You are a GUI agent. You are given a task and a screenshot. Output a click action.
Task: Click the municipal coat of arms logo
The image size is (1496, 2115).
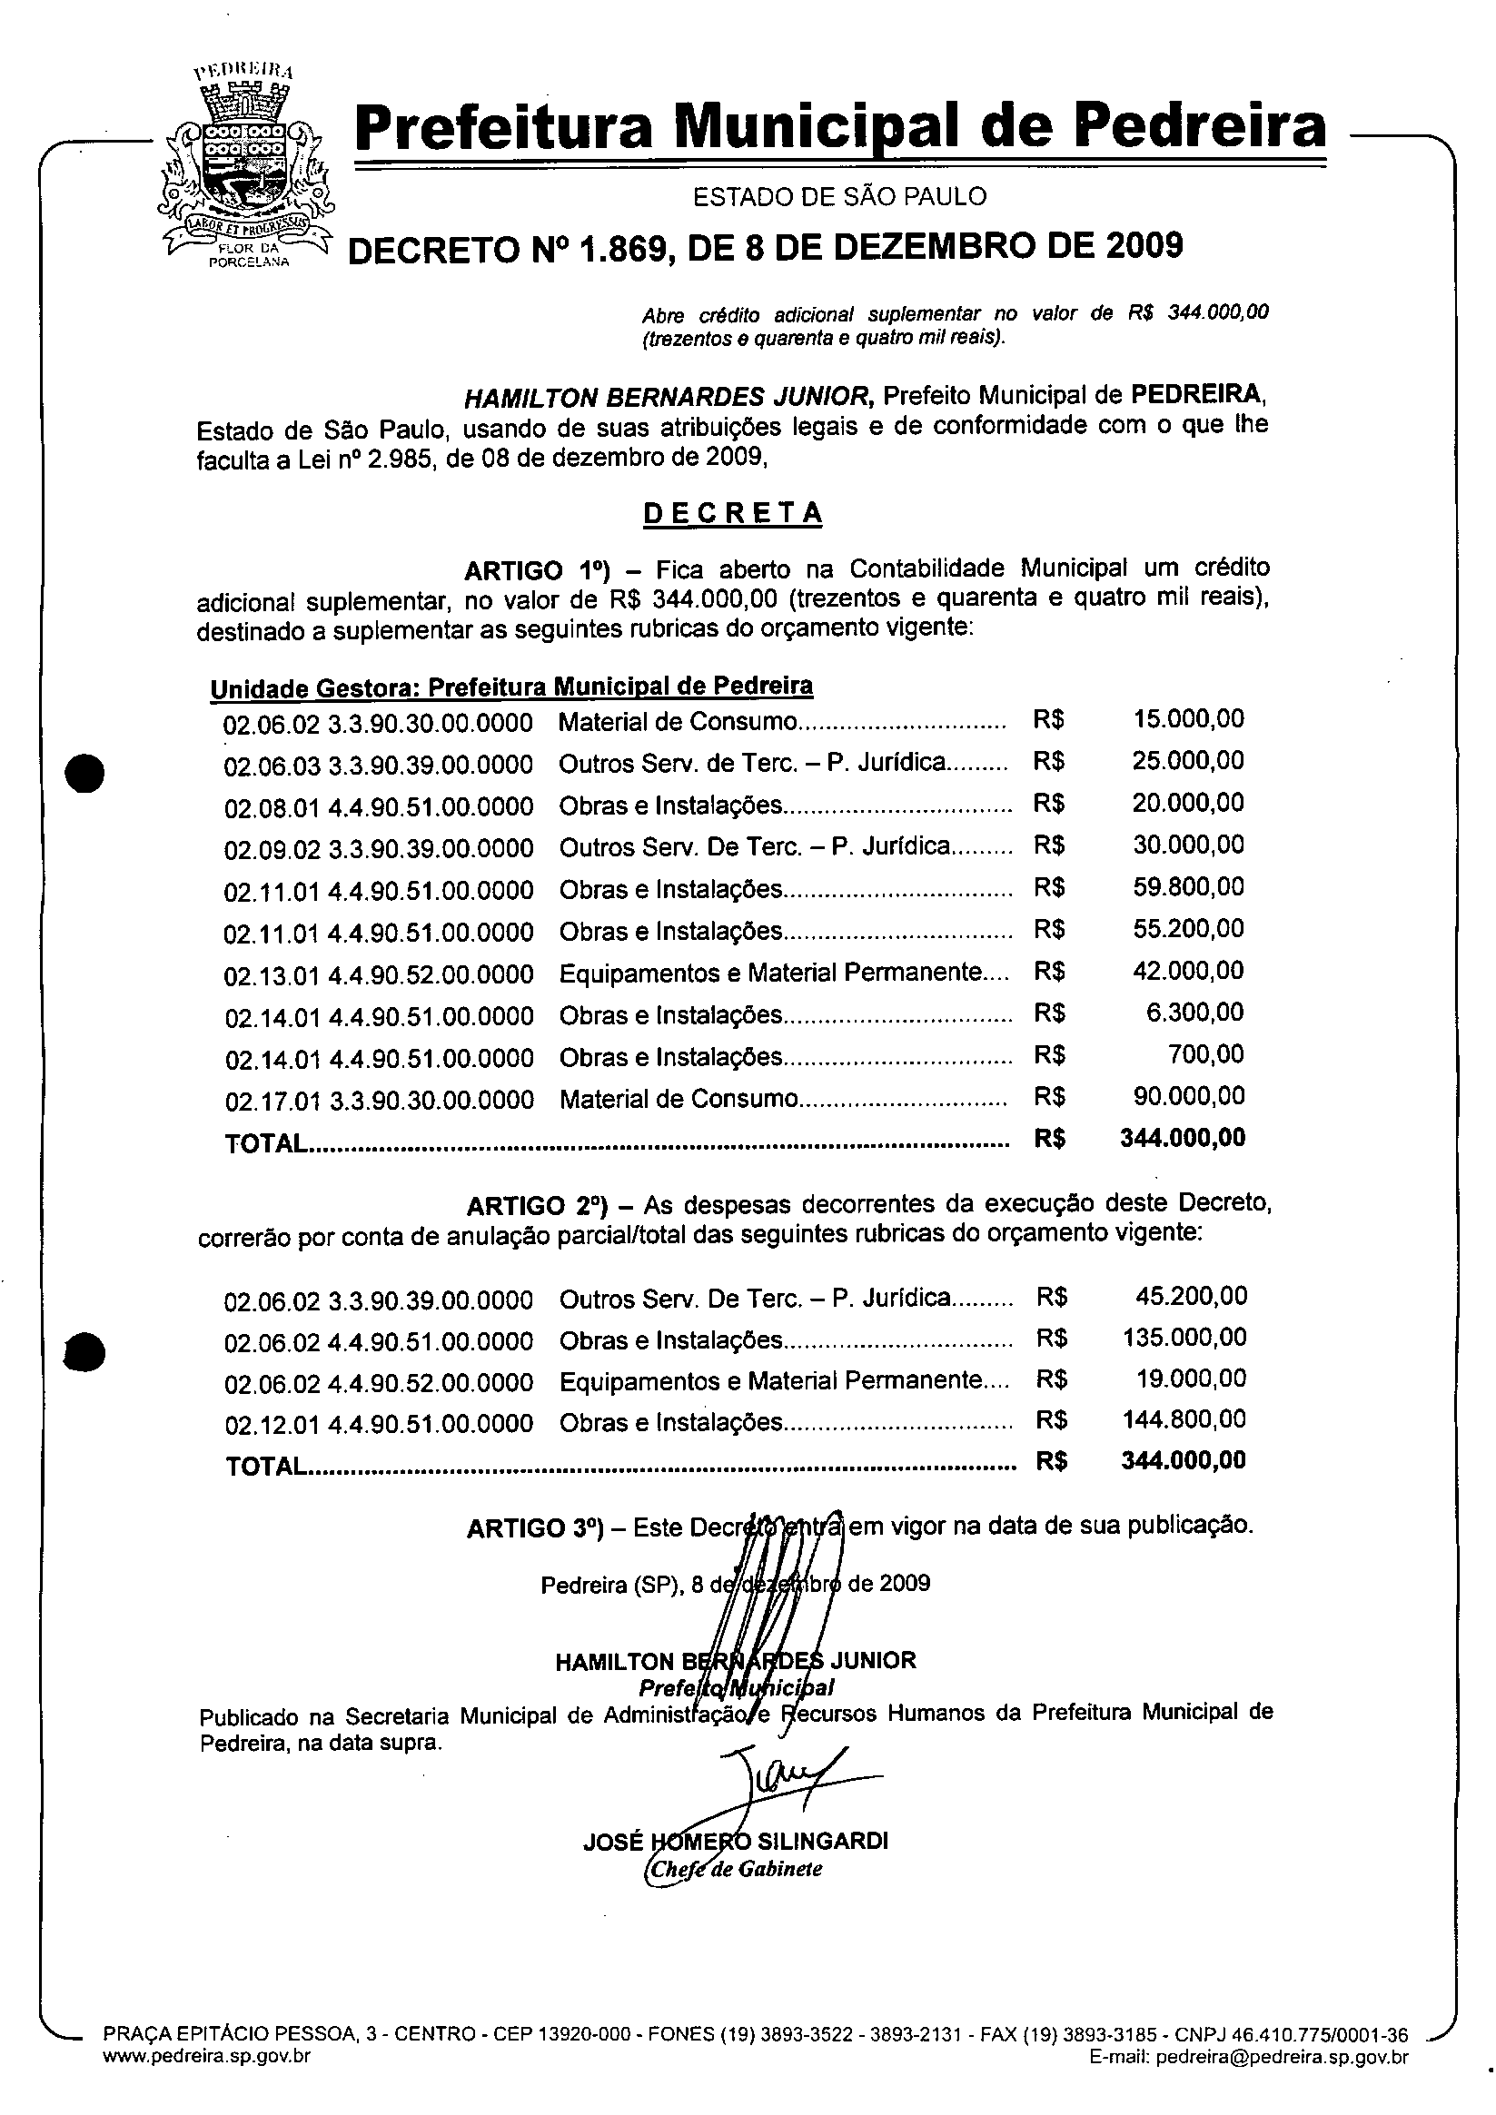245,167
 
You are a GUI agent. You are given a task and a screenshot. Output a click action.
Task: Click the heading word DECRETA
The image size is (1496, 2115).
732,513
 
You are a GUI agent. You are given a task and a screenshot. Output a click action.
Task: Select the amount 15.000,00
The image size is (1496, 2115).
1187,719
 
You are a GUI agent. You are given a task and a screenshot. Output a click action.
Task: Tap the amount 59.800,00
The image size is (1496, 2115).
1187,887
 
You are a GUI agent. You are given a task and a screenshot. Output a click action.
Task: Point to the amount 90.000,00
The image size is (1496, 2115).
1187,1096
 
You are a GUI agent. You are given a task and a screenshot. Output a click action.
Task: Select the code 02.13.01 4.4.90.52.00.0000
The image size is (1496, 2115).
379,974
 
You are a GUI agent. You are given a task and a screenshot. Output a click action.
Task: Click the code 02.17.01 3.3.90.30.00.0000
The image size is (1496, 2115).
379,1101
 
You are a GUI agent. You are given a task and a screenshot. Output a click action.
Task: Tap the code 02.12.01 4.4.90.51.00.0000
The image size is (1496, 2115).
379,1424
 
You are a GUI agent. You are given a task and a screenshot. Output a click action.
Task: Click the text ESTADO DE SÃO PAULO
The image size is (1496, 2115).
839,197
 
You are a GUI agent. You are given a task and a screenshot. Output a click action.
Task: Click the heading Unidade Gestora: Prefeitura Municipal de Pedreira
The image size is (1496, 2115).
511,687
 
